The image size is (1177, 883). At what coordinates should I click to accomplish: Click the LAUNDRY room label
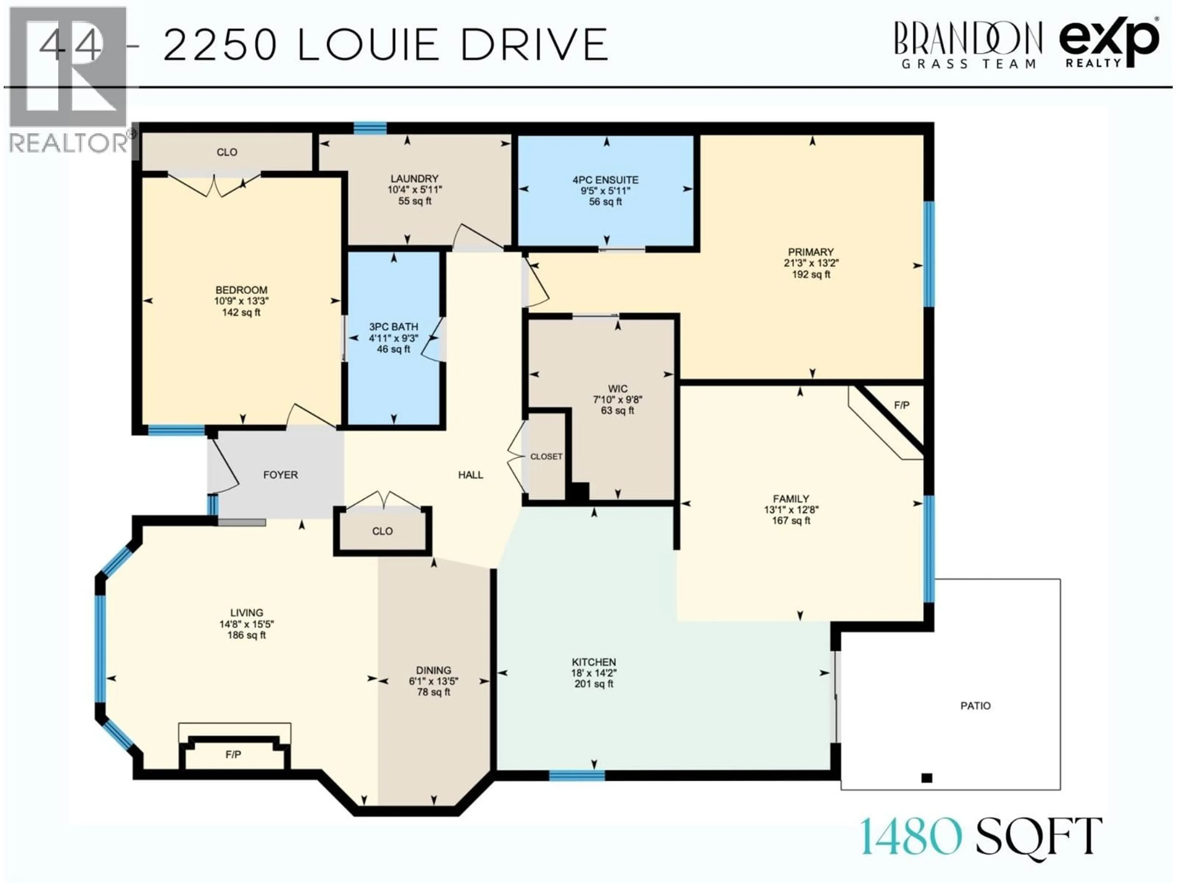click(x=414, y=178)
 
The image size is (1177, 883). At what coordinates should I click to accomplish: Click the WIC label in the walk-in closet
click(x=617, y=389)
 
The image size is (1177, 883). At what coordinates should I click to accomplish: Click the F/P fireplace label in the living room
click(x=233, y=755)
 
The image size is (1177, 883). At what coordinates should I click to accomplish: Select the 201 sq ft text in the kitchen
click(x=593, y=684)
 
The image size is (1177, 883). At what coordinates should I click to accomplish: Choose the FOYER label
click(x=280, y=475)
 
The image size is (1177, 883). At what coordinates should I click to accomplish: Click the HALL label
click(x=470, y=475)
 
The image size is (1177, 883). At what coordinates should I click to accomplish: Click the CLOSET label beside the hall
click(x=546, y=457)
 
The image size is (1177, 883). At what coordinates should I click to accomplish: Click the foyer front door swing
click(x=223, y=468)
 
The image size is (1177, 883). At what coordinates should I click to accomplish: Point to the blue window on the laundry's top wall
click(x=370, y=128)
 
